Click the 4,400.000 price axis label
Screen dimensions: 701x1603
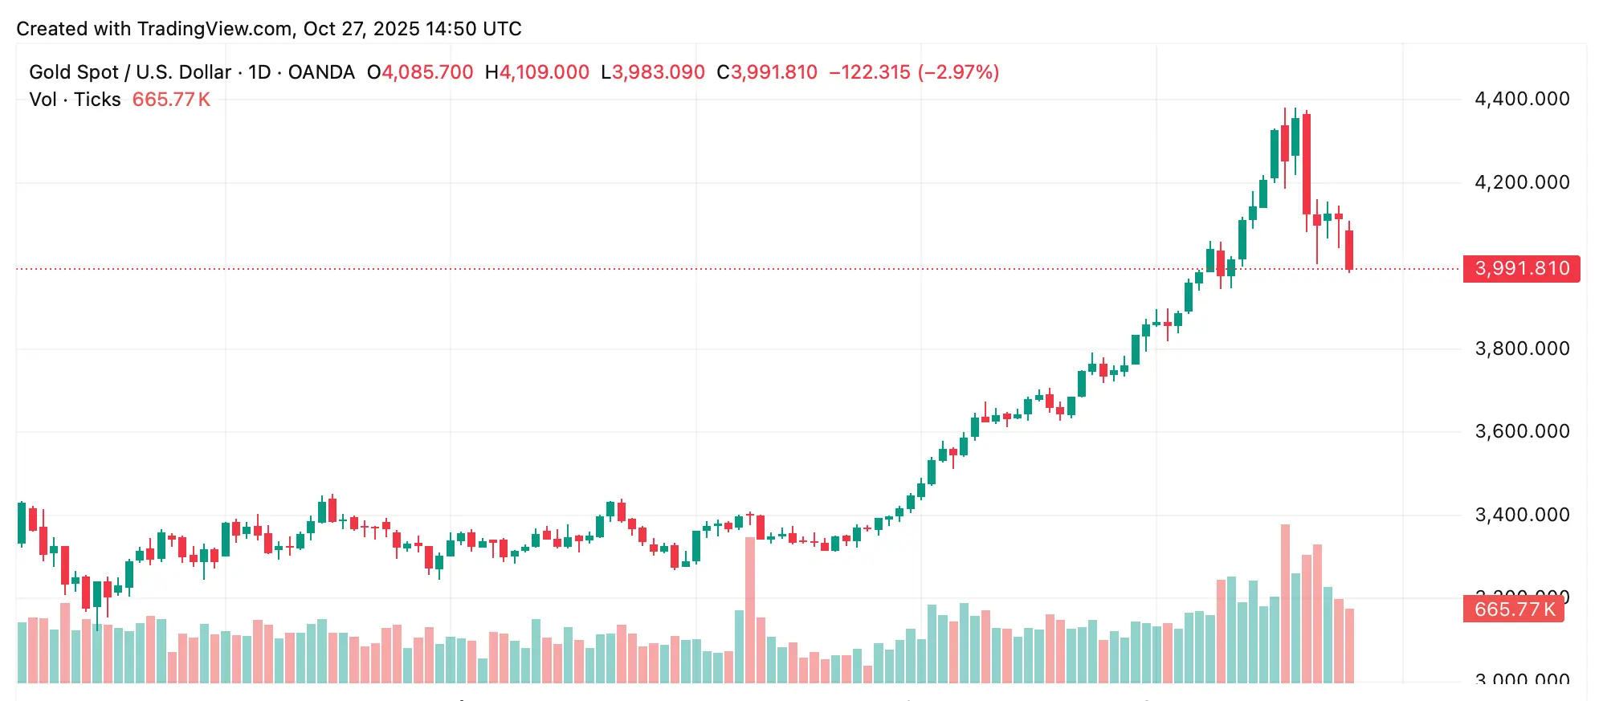point(1522,99)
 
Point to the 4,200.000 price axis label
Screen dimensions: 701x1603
point(1522,182)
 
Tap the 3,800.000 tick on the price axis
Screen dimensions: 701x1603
point(1522,348)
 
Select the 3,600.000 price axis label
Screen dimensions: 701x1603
point(1522,431)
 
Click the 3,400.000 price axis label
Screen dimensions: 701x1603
point(1522,515)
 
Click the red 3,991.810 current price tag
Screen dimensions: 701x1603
point(1521,268)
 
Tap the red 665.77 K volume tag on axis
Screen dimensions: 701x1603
point(1513,609)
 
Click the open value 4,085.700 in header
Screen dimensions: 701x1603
point(427,72)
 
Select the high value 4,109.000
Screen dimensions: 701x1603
point(545,72)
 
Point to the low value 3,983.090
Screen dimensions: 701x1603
point(659,72)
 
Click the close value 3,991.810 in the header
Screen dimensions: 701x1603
point(773,72)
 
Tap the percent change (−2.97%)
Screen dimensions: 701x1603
point(958,72)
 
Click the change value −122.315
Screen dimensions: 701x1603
point(870,72)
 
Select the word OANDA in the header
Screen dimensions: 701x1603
point(321,72)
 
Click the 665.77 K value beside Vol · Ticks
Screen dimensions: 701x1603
point(171,100)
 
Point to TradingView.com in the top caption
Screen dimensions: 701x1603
point(214,29)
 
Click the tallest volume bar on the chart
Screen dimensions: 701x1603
point(1285,602)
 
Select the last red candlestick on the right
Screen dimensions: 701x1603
point(1349,250)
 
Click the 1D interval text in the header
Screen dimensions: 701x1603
point(259,72)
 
